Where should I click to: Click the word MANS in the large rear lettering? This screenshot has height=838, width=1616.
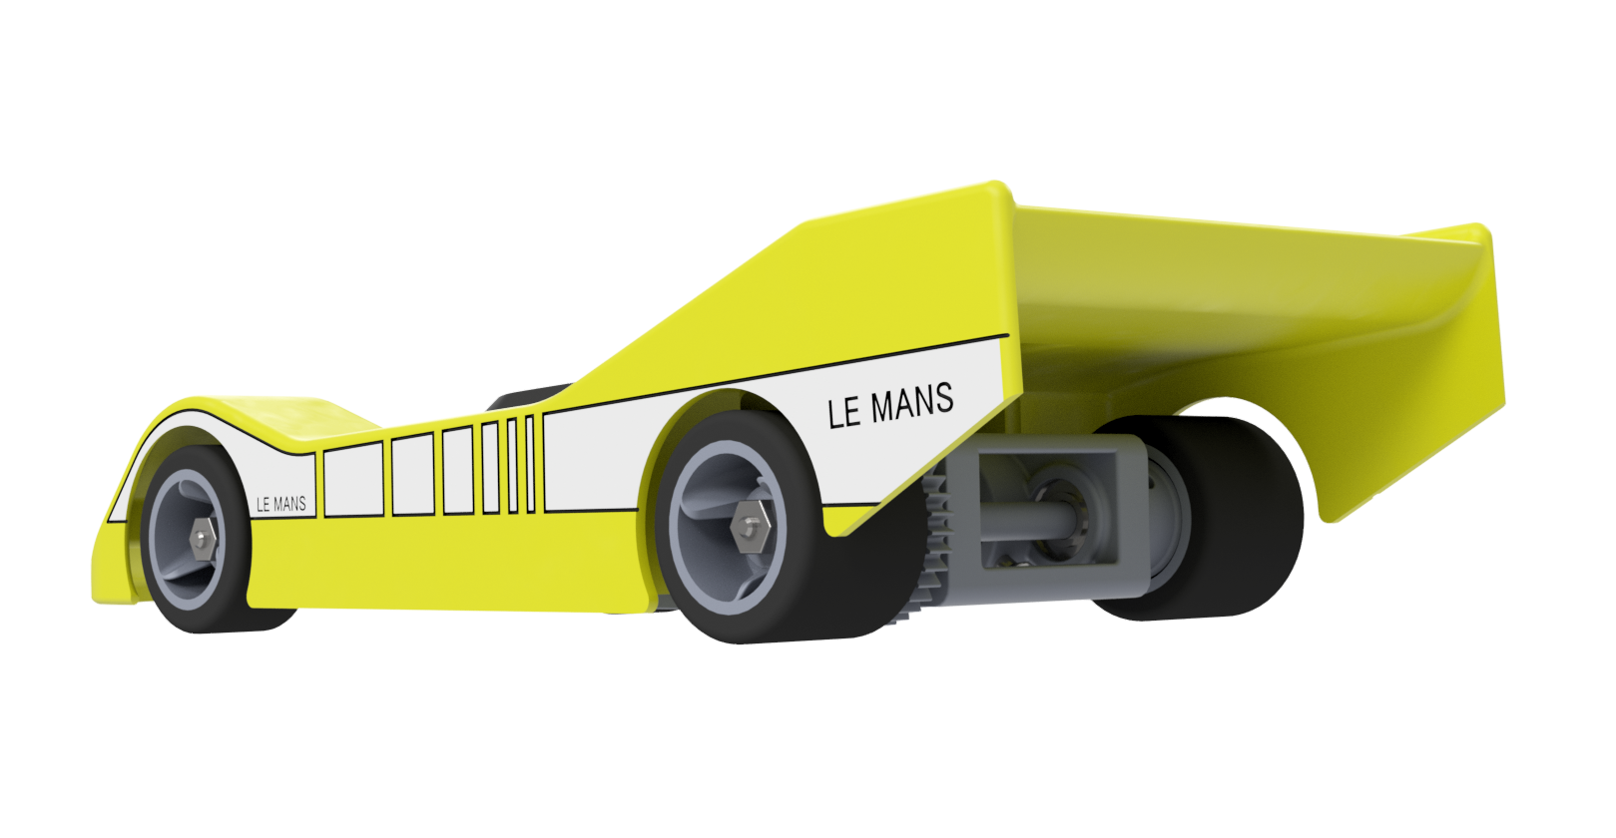coord(911,403)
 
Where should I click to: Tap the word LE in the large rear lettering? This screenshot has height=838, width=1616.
coord(843,412)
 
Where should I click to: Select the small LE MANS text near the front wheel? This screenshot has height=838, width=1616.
coord(280,505)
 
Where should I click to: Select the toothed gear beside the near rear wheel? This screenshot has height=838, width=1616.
coord(934,549)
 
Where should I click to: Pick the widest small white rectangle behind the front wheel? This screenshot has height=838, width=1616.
coord(353,480)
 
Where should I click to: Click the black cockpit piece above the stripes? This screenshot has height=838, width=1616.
coord(529,396)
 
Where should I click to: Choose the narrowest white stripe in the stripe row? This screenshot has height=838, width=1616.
coord(530,465)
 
